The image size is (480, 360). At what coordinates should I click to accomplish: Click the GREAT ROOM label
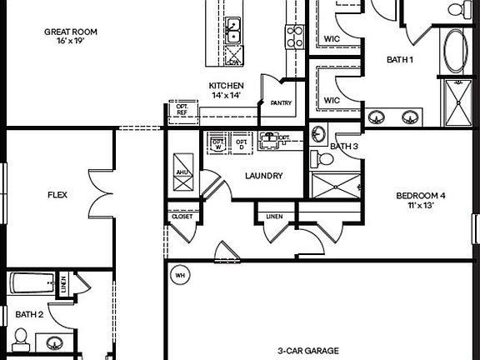[71, 32]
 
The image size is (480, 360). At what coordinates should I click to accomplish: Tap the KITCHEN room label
[226, 86]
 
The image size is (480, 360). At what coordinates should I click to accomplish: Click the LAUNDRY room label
[263, 176]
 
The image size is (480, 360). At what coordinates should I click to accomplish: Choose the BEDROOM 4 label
[420, 197]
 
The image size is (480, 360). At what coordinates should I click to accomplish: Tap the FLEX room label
[57, 196]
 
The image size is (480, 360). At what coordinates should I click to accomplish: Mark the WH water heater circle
[179, 274]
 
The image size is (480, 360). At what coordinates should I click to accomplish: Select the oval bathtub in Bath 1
[456, 52]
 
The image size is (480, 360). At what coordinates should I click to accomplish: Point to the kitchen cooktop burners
[295, 35]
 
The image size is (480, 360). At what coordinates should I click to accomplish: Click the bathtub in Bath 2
[32, 283]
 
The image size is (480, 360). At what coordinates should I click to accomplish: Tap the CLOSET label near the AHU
[182, 217]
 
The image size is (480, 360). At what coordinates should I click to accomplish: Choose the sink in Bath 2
[55, 343]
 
